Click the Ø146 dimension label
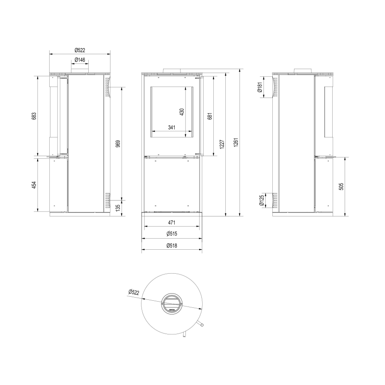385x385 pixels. click(80, 60)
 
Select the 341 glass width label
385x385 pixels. click(172, 128)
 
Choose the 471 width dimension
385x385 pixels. click(172, 223)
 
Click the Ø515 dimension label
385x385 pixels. click(172, 234)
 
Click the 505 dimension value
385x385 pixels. click(341, 186)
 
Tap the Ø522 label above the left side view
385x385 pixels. click(80, 49)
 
